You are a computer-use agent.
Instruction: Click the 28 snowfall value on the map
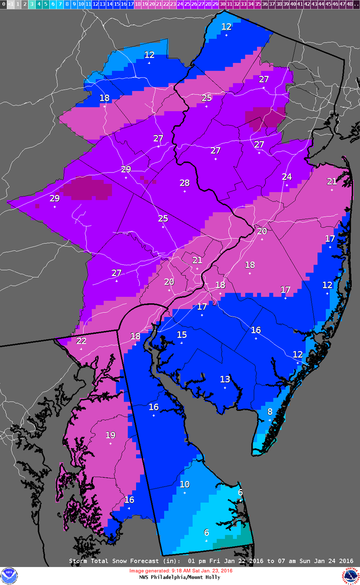(x=184, y=183)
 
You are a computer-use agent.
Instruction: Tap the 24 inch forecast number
(x=287, y=177)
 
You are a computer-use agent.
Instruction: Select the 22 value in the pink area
(x=81, y=341)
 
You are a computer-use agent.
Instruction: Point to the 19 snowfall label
(x=111, y=435)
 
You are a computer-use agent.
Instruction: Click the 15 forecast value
(x=181, y=335)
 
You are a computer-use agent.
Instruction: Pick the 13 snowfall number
(x=225, y=379)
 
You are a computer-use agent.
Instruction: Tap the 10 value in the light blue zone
(x=184, y=485)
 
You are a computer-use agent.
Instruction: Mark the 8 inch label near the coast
(x=270, y=411)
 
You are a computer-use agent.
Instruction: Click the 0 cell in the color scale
(x=4, y=4)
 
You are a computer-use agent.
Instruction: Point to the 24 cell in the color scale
(x=180, y=4)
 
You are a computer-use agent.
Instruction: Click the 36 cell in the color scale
(x=264, y=4)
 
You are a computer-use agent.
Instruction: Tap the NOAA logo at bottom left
(x=9, y=575)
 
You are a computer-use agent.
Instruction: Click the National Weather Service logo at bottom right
(x=351, y=575)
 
